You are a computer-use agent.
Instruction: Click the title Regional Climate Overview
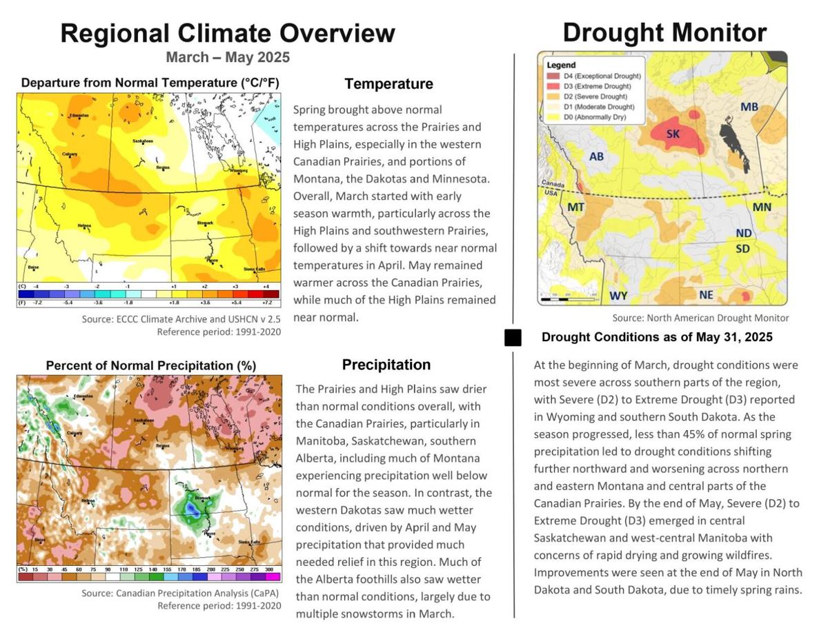[x=228, y=33]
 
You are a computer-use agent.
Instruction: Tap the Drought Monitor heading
[x=664, y=32]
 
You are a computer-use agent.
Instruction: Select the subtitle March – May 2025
[x=227, y=57]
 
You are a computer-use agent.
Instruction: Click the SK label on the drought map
[x=673, y=134]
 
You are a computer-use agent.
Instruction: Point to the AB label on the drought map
[x=597, y=156]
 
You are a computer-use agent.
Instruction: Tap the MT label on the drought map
[x=576, y=207]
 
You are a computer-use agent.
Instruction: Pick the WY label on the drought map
[x=618, y=296]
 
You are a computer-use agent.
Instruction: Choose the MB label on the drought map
[x=749, y=107]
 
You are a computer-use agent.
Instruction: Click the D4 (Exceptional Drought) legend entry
[x=593, y=76]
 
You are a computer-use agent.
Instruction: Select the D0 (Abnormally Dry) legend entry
[x=591, y=118]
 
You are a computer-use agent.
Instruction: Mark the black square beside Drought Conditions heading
[x=513, y=338]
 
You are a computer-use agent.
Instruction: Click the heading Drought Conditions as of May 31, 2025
[x=657, y=337]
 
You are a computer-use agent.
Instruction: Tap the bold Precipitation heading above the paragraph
[x=386, y=365]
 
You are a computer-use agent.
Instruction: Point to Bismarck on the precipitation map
[x=203, y=497]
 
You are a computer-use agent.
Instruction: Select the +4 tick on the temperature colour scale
[x=266, y=285]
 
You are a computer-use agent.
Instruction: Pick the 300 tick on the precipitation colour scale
[x=270, y=569]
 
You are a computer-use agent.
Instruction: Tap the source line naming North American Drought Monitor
[x=700, y=318]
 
